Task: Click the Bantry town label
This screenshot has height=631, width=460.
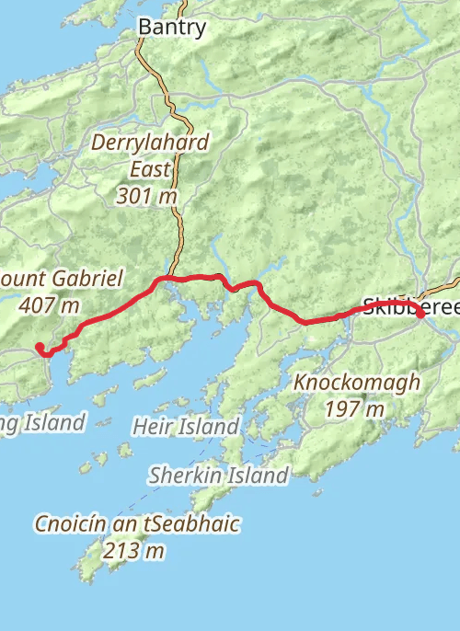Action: coord(171,28)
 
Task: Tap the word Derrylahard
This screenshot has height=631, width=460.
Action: coord(150,143)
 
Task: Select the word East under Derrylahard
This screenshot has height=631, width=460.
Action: coord(151,169)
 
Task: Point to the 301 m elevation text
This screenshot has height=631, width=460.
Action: coord(151,196)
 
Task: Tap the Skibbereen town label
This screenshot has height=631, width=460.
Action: coord(409,305)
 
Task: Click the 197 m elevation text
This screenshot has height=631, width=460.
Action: coord(354,409)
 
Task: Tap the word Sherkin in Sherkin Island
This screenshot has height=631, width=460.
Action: coord(182,476)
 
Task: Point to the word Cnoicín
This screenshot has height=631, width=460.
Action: coord(72,524)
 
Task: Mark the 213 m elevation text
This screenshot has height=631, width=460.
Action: coord(136,551)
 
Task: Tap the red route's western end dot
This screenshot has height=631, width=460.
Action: coord(40,347)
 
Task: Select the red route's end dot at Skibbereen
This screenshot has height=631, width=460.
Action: coord(420,315)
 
